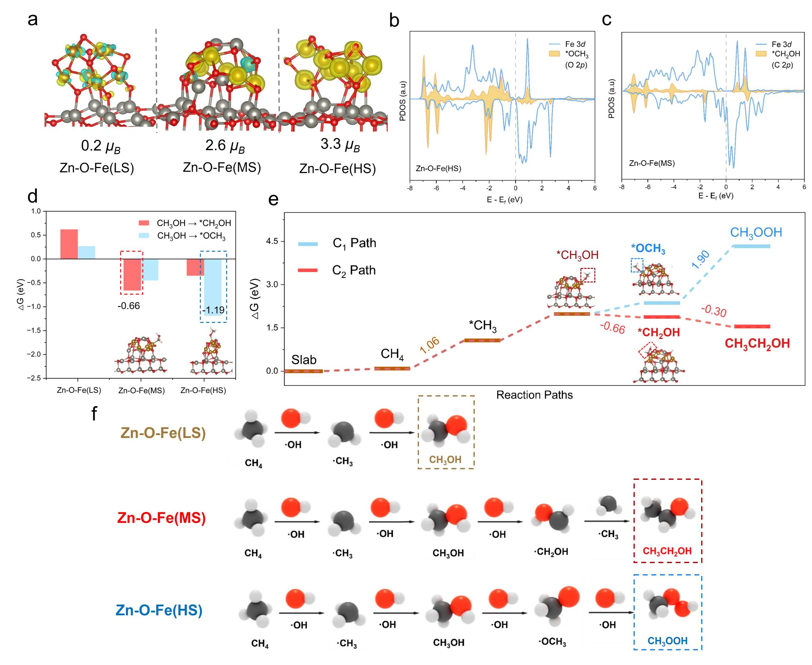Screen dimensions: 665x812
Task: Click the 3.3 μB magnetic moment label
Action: point(340,145)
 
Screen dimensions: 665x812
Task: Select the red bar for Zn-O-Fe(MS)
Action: point(132,274)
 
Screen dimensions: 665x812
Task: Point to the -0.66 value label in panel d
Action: point(129,306)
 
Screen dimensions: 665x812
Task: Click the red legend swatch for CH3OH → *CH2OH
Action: point(144,223)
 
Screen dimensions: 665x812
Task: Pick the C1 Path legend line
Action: point(308,243)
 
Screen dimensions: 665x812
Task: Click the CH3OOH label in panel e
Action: point(756,232)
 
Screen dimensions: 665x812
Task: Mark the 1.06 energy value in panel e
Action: point(429,345)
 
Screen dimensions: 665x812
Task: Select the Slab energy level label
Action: point(304,360)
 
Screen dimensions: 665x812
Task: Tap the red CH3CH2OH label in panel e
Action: point(757,344)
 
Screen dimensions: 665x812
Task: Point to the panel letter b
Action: point(394,20)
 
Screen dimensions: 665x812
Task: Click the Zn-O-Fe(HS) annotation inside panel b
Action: point(439,168)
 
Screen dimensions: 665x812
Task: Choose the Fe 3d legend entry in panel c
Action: point(781,44)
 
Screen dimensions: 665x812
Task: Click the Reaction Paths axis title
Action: point(534,395)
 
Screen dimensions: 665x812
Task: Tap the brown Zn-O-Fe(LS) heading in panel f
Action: point(163,433)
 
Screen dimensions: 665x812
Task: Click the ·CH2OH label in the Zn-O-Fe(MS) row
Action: point(551,552)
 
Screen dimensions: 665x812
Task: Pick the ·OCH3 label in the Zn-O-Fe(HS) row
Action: point(552,642)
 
